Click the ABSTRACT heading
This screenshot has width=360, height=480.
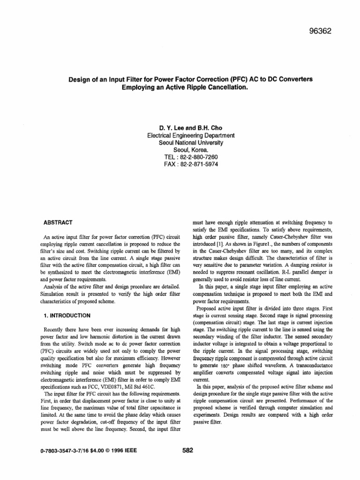[57, 222]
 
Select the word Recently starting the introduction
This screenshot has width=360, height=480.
[54, 331]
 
